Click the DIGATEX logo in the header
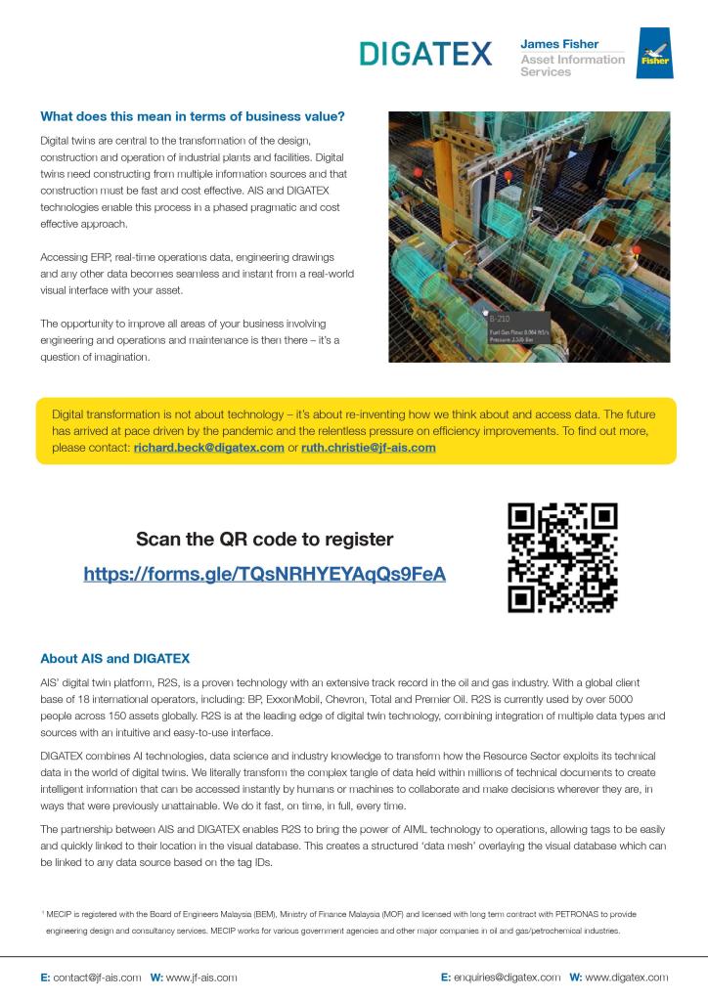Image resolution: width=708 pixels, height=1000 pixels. point(424,54)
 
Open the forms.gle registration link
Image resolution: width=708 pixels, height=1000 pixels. point(264,574)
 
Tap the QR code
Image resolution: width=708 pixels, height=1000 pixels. point(564,557)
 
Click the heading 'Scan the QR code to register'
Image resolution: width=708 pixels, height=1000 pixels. point(264,539)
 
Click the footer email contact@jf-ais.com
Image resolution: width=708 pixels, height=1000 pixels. point(96,977)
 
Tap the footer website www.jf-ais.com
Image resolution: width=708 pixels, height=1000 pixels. point(200,977)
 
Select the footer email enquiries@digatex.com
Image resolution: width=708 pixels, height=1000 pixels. point(506,977)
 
